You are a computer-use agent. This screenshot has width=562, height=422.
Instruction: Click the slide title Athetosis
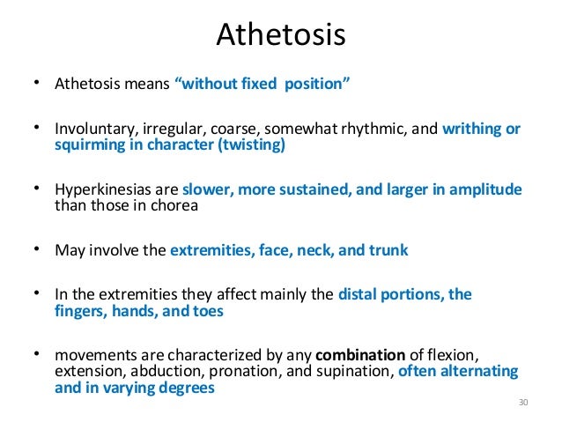click(280, 34)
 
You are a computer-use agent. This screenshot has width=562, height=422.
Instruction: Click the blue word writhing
click(472, 129)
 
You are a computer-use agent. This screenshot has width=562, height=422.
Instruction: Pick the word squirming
click(85, 146)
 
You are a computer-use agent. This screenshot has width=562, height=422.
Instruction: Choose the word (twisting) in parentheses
click(253, 146)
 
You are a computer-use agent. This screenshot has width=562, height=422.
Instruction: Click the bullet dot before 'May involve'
click(39, 248)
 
